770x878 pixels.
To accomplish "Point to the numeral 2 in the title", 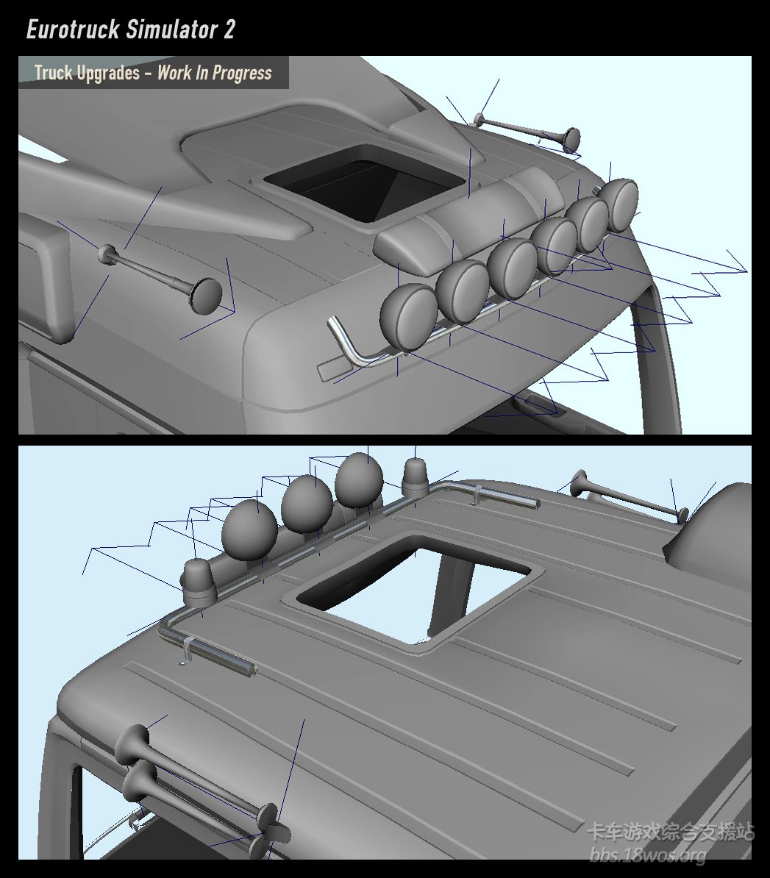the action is click(229, 29).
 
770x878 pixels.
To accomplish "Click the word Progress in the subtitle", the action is click(242, 73).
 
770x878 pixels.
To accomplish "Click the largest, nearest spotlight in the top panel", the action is click(408, 318).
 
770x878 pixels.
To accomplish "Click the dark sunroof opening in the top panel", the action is click(364, 182).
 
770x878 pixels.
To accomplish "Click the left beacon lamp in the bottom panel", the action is click(197, 582).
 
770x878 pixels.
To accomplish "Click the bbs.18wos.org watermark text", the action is click(649, 855).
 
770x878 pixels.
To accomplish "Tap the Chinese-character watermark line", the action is click(670, 832).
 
